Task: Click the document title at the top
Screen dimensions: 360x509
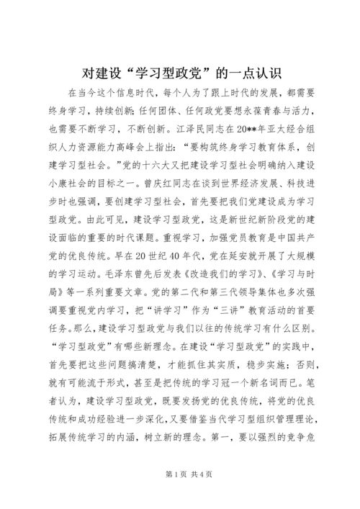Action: click(x=180, y=73)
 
